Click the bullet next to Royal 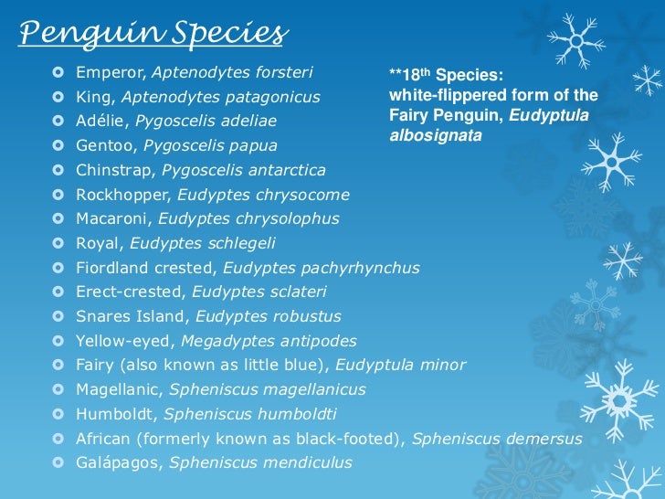[x=58, y=243]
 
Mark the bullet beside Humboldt [x=58, y=414]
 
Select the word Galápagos [x=115, y=463]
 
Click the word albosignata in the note [x=435, y=134]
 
